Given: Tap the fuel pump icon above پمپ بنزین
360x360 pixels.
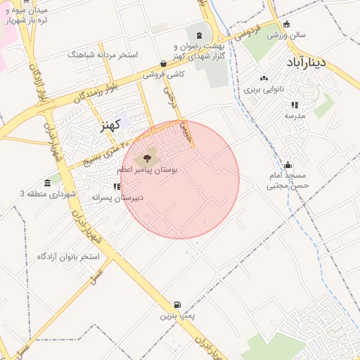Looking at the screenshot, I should [x=176, y=305].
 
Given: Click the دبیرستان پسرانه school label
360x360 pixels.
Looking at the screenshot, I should [x=117, y=198].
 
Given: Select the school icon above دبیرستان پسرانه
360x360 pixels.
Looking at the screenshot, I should [x=117, y=186].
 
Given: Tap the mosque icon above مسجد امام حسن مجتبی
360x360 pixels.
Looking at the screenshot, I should [x=288, y=165].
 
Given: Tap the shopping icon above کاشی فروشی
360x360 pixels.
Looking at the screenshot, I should [x=163, y=63].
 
